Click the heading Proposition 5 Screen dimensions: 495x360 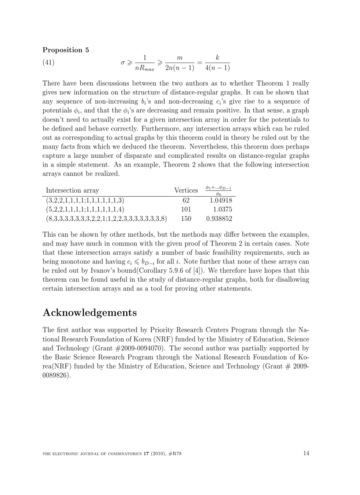click(66, 50)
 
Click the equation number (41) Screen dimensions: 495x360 click(49, 63)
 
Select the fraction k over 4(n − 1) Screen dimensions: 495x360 click(217, 63)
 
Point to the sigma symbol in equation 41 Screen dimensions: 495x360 click(123, 63)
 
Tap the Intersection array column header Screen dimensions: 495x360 click(72, 190)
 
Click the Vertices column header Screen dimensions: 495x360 click(186, 190)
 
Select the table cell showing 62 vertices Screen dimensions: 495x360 click(186, 200)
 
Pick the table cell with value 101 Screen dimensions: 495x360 click(186, 209)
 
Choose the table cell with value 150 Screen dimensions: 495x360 click(186, 219)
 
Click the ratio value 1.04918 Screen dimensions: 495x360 click(221, 200)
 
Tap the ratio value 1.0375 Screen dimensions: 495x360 click(223, 209)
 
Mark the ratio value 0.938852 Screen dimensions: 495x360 click(219, 219)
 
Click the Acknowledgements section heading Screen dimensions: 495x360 click(90, 313)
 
